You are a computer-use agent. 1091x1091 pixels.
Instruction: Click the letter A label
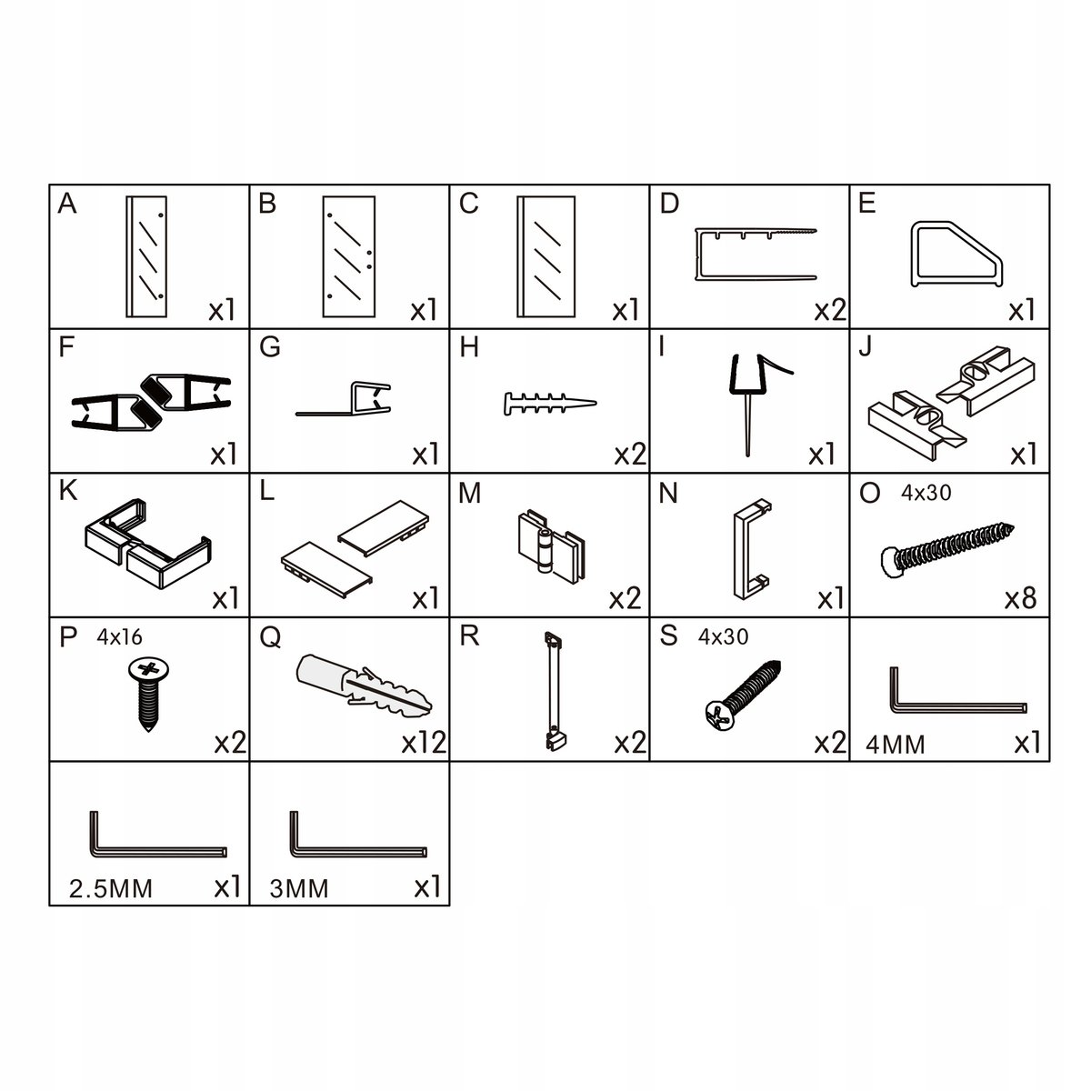coord(66,204)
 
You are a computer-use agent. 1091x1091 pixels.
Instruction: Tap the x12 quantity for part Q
coord(424,742)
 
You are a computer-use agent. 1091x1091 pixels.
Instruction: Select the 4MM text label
coord(896,745)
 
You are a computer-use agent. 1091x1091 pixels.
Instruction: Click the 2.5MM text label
coord(110,889)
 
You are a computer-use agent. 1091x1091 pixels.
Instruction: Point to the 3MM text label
coord(299,889)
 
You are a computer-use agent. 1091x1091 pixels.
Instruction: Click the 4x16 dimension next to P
coord(119,637)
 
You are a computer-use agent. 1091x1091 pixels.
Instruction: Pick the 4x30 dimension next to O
coord(926,493)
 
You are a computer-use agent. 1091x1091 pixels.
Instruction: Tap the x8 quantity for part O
coord(1020,598)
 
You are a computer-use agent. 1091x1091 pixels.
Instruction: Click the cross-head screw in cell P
coord(148,694)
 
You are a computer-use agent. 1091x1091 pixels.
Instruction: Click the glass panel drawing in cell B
coord(349,256)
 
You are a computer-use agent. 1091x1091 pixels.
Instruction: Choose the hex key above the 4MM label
coord(957,703)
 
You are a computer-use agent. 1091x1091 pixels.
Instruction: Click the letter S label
coord(668,636)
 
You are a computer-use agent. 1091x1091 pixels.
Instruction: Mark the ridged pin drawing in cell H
coord(550,404)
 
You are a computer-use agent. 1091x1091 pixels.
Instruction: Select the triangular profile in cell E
coord(956,255)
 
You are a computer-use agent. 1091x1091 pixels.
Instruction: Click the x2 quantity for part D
coord(830,310)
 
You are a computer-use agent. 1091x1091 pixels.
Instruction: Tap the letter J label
coord(865,347)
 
